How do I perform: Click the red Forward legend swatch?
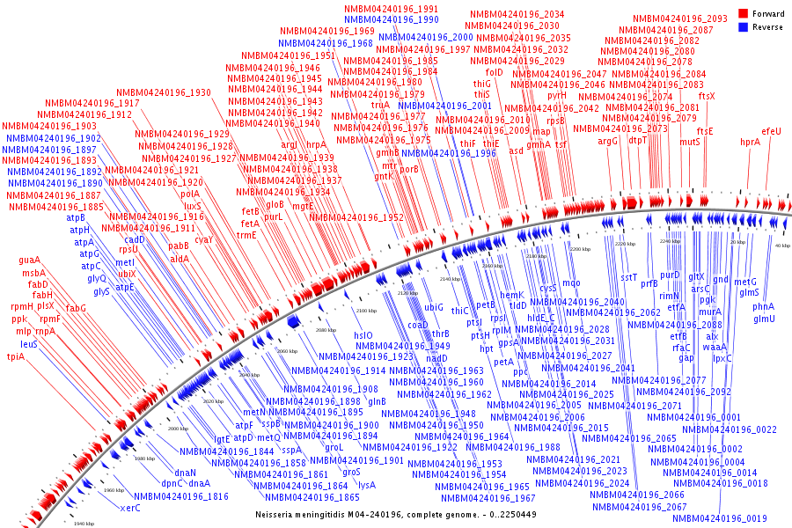[x=743, y=14]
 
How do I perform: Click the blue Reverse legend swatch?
[x=743, y=27]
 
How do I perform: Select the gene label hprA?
[x=750, y=142]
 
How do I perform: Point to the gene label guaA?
[x=30, y=260]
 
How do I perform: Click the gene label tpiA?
[x=16, y=356]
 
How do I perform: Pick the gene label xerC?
[x=130, y=508]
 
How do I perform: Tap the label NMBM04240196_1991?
[x=391, y=9]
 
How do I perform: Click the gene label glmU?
[x=764, y=318]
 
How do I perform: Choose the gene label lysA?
[x=367, y=484]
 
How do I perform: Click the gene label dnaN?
[x=185, y=473]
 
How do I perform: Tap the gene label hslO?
[x=363, y=335]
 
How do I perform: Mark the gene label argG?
[x=608, y=141]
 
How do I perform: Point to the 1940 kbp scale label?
[x=84, y=524]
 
